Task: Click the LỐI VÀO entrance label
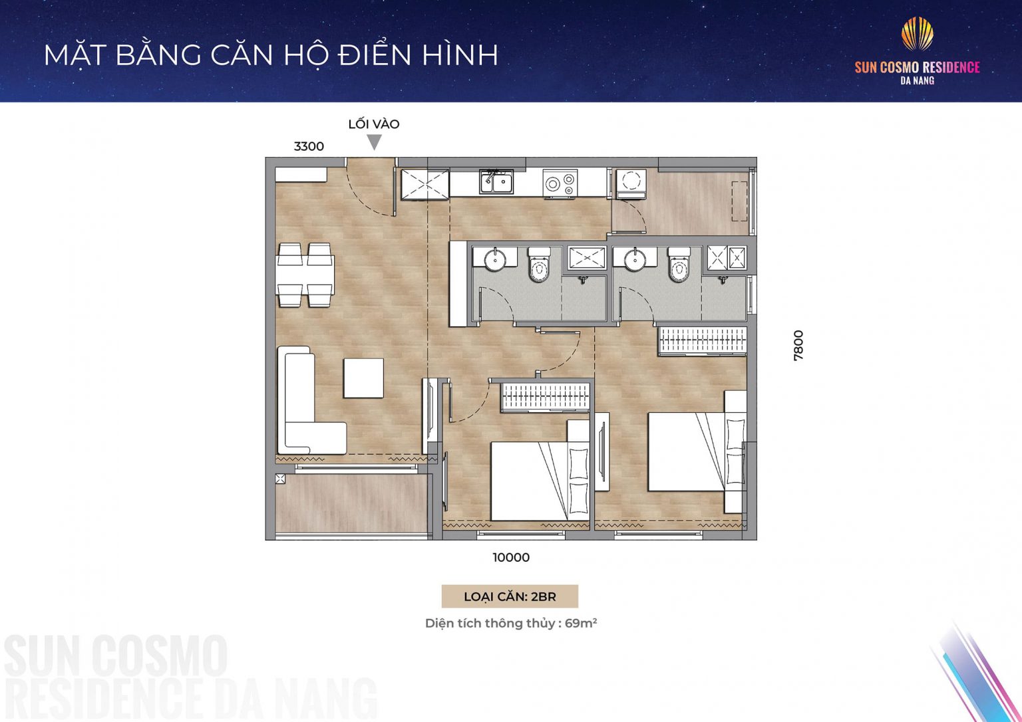click(x=373, y=124)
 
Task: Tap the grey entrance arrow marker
click(x=375, y=142)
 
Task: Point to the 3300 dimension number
click(x=309, y=147)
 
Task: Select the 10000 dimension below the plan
click(x=511, y=558)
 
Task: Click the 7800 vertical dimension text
click(x=798, y=345)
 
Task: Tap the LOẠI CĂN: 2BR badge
click(x=510, y=596)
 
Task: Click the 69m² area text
click(x=580, y=624)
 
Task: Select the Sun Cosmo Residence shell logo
click(x=917, y=34)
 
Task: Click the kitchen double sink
click(x=496, y=181)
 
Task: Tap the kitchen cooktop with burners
click(x=560, y=183)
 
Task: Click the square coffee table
click(x=363, y=378)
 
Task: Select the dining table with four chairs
click(x=305, y=275)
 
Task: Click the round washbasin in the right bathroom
click(x=635, y=259)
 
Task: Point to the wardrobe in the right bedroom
click(x=702, y=341)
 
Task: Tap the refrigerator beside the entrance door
click(x=425, y=183)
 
